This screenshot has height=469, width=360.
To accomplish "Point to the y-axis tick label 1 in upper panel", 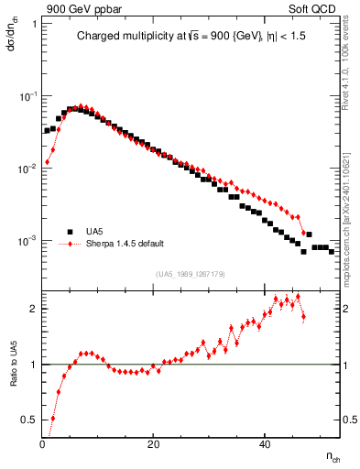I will pos(36,23).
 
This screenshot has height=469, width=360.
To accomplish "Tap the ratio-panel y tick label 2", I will pos(35,309).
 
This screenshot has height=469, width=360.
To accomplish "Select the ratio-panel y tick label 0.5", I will pos(31,420).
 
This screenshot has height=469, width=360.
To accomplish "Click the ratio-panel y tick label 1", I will pos(35,365).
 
